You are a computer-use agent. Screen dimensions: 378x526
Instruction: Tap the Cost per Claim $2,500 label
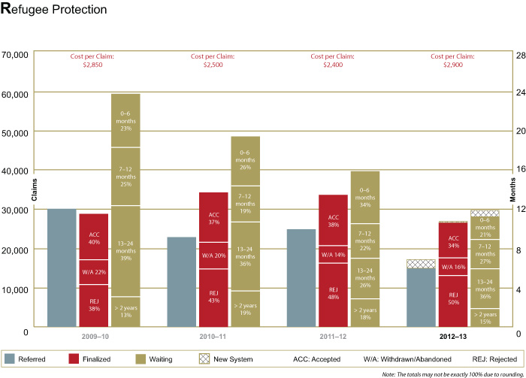[213, 60]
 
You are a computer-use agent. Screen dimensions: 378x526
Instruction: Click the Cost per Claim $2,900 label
[453, 60]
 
